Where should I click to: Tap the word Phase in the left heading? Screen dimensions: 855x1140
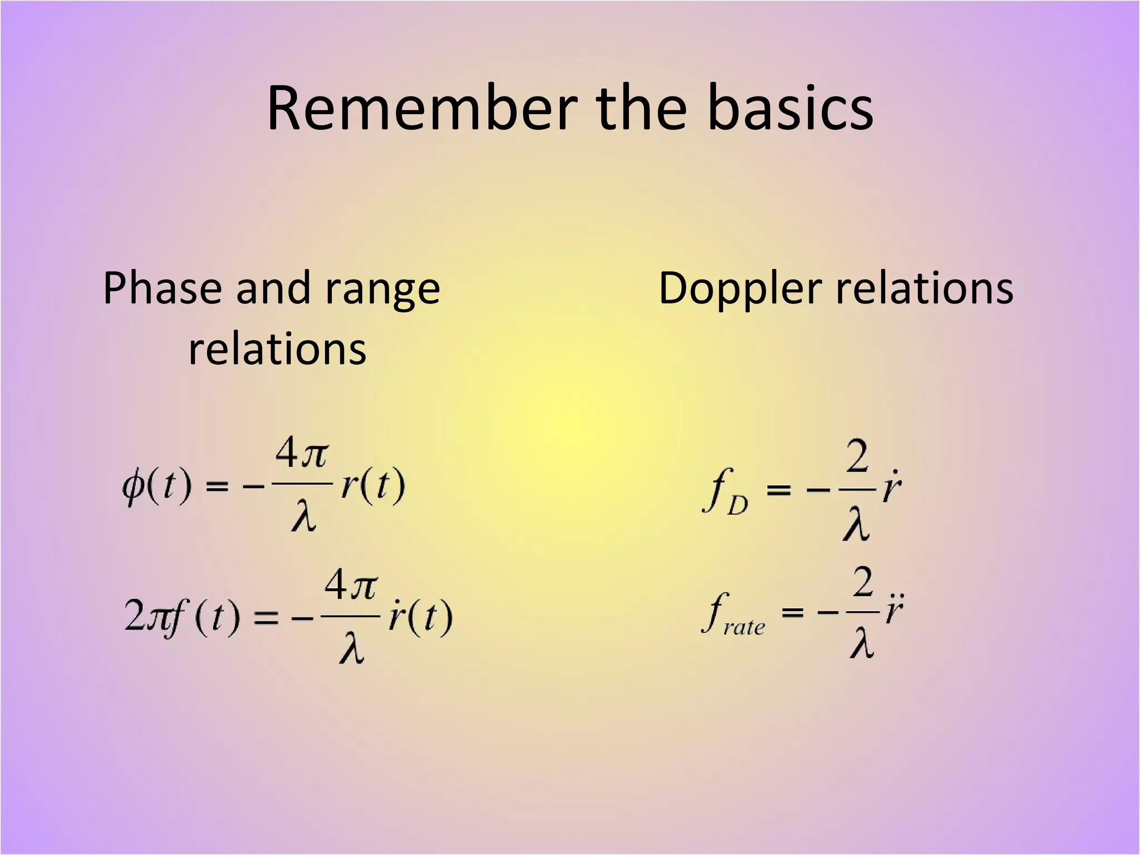point(163,289)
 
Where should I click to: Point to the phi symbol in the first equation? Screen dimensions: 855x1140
point(133,488)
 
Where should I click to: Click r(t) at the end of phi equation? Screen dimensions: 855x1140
point(372,486)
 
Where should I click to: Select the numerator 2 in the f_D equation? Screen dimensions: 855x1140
point(857,458)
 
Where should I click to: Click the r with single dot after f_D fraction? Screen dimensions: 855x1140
point(892,488)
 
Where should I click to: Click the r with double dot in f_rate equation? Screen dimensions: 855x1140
point(894,609)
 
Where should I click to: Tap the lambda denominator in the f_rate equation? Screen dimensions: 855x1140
point(862,644)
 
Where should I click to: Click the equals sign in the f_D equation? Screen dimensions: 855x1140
point(779,490)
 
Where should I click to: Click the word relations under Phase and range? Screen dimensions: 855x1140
point(277,350)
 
